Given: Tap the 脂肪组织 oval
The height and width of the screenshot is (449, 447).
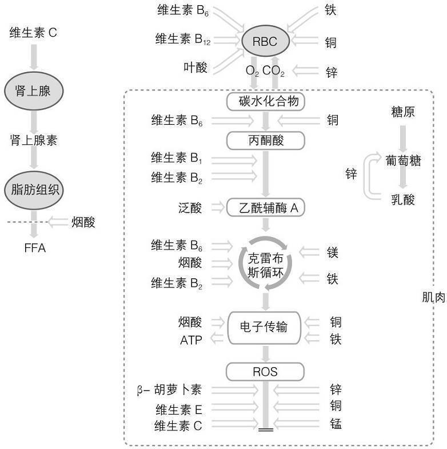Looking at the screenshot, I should coord(33,190).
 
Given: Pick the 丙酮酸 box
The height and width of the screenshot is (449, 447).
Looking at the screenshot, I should coord(265,140).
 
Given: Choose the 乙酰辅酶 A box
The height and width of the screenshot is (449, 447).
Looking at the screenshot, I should coord(265,207).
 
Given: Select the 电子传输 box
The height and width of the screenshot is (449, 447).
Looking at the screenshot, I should coord(265,327).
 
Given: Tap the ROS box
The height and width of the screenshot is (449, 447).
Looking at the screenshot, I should coord(265,372).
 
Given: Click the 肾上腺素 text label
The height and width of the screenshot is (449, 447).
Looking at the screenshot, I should coord(33,140).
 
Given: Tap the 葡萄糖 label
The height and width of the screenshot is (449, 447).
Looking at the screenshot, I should coord(404,161).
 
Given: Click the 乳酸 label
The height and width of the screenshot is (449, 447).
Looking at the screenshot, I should coord(404,199).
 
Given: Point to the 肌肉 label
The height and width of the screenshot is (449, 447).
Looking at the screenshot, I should coord(433,297).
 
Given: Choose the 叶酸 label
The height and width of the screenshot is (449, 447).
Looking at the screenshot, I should coord(195,68).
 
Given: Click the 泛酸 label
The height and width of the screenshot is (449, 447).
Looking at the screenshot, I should coord(190,207).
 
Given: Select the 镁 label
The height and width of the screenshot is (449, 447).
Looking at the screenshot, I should coord(333,252).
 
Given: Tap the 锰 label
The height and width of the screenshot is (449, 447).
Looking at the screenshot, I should coord(336,424).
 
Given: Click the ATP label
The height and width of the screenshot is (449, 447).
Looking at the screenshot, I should coord(191,340).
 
